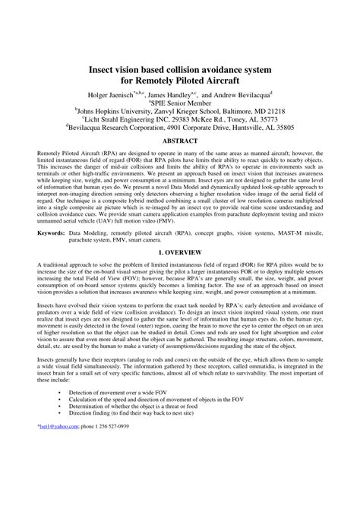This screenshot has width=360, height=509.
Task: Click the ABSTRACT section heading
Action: pos(180,141)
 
